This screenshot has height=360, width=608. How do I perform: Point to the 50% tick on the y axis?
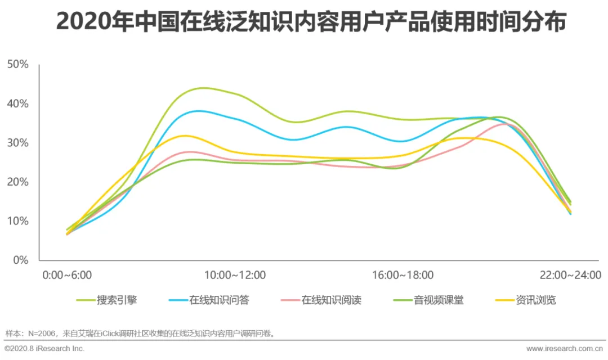tap(18, 64)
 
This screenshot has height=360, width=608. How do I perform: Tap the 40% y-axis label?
tap(18, 104)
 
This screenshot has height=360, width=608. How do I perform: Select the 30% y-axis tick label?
tap(18, 143)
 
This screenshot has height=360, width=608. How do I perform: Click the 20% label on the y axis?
tap(18, 182)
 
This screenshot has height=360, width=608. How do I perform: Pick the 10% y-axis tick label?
tap(18, 221)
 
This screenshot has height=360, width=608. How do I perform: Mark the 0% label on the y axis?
tap(21, 260)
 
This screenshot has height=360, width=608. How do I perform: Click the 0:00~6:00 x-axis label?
tap(67, 275)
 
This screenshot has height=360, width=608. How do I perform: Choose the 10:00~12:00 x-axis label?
tap(235, 275)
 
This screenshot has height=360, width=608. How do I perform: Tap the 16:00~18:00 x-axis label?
tap(403, 275)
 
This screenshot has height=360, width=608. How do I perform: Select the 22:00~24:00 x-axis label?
tap(570, 275)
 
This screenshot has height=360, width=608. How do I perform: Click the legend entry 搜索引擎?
tap(106, 300)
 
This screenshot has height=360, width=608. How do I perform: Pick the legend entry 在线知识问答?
tap(209, 300)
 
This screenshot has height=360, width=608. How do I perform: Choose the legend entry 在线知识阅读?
tap(321, 300)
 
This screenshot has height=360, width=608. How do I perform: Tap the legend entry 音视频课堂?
tap(428, 300)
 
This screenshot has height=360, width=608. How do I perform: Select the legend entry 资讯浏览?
tap(525, 300)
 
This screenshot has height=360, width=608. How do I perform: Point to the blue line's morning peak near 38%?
tap(198, 111)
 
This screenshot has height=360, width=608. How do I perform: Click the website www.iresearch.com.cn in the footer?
tap(564, 348)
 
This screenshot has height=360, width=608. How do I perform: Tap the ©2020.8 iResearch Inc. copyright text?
tap(44, 348)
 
